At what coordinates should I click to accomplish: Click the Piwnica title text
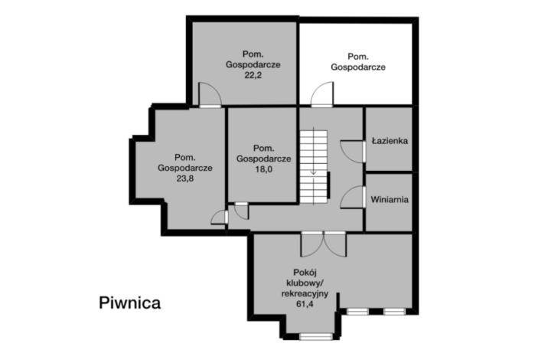pyautogui.click(x=129, y=303)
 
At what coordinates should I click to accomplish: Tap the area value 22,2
pyautogui.click(x=253, y=76)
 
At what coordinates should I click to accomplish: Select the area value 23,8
pyautogui.click(x=184, y=178)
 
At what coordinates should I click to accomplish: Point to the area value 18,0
pyautogui.click(x=263, y=169)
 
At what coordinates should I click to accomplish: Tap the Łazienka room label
pyautogui.click(x=390, y=142)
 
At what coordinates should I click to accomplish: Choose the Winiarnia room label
pyautogui.click(x=390, y=199)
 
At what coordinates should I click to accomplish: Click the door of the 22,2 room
pyautogui.click(x=210, y=96)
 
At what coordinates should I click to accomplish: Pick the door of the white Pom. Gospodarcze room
pyautogui.click(x=321, y=96)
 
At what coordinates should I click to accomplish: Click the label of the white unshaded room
pyautogui.click(x=357, y=61)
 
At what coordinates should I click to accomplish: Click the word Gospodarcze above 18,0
pyautogui.click(x=263, y=159)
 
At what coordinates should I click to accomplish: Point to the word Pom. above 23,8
pyautogui.click(x=185, y=157)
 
